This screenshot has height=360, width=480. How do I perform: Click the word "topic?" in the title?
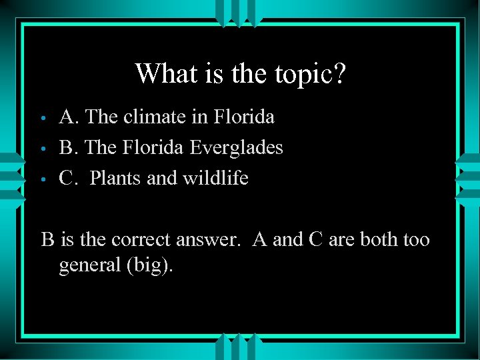(311, 74)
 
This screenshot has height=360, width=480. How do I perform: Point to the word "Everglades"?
(237, 148)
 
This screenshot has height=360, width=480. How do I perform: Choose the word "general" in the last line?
(90, 266)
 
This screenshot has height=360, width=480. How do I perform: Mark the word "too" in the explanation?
(416, 239)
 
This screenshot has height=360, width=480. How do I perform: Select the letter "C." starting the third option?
(70, 178)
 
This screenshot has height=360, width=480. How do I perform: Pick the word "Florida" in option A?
(245, 117)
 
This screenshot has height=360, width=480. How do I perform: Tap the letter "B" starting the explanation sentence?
(47, 239)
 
